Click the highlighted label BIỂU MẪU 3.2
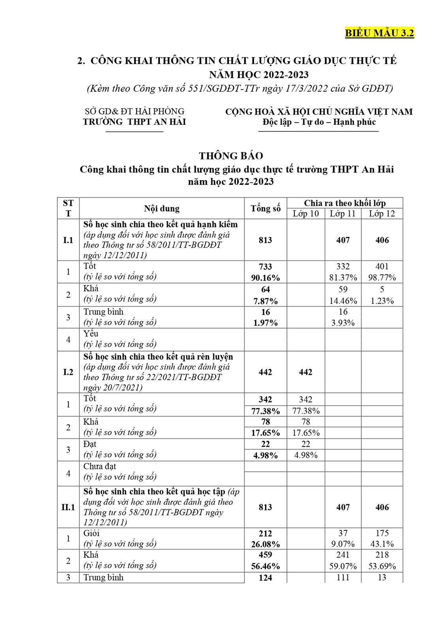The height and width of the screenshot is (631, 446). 379,33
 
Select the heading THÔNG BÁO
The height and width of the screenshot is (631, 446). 231,156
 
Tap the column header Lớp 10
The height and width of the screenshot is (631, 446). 305,214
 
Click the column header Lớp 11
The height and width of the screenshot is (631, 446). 343,214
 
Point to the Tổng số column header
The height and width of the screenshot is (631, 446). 265,208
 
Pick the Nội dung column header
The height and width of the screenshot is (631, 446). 161,208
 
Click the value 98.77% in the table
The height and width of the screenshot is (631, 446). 382,278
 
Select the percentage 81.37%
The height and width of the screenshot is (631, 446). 343,278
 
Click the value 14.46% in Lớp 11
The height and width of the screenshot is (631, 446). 343,301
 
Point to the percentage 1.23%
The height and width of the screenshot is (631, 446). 382,301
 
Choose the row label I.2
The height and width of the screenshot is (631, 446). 68,372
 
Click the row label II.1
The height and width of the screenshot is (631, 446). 68,507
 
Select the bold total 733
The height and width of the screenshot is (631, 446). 265,267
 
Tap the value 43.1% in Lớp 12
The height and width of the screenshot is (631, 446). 382,544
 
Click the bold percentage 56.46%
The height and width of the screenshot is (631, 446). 265,566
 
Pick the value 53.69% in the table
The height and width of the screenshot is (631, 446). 382,566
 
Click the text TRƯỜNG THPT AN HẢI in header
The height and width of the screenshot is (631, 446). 134,122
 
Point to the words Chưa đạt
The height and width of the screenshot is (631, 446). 99,466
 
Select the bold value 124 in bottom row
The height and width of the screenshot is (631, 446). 265,578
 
